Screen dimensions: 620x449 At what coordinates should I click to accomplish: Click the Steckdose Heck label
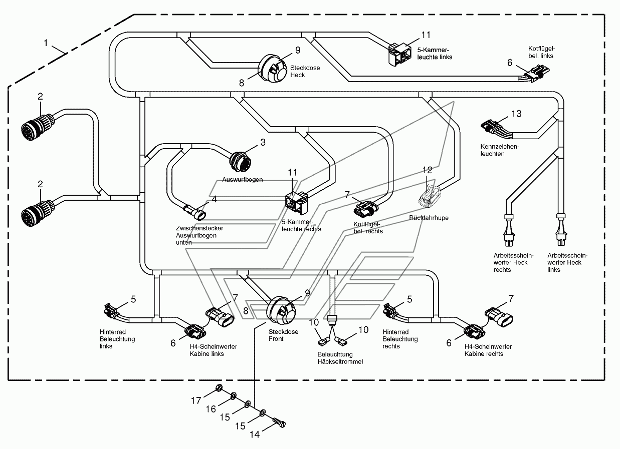(305, 72)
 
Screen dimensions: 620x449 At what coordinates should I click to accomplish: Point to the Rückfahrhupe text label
(429, 218)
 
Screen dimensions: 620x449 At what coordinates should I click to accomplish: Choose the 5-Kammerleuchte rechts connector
(297, 203)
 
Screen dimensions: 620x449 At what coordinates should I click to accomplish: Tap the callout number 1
(46, 43)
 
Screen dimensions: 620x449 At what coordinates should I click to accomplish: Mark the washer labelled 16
(233, 396)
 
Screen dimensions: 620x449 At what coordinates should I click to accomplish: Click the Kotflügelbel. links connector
(537, 73)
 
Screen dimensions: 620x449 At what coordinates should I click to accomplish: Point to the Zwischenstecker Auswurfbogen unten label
(199, 235)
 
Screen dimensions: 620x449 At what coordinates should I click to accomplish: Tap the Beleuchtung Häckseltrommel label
(340, 358)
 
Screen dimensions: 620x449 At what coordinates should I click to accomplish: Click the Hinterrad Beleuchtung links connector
(112, 312)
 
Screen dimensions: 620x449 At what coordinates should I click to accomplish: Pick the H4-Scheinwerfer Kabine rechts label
(488, 350)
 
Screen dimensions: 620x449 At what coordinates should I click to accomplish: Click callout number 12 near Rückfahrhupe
(428, 170)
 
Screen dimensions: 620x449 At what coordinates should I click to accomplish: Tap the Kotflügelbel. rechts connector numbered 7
(365, 208)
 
